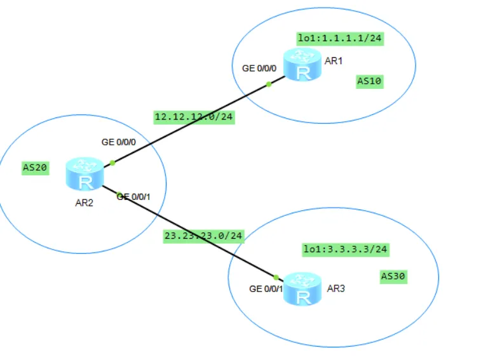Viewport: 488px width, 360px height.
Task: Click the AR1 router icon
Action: (302, 64)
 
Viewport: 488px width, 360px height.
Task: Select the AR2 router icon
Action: (85, 174)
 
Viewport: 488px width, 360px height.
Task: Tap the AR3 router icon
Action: (302, 289)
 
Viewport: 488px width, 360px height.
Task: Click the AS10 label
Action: (369, 81)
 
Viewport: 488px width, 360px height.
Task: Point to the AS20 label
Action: (35, 168)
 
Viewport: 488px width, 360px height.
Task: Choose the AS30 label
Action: (393, 276)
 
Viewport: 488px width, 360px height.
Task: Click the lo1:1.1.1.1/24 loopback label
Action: (340, 39)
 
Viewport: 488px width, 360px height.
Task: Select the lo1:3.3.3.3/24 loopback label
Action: (346, 250)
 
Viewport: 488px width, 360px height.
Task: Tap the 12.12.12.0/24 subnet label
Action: (194, 117)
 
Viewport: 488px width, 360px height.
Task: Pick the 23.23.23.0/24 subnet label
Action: (203, 236)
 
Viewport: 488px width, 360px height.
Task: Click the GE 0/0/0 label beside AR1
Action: (259, 69)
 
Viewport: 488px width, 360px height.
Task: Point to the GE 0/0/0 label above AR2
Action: (119, 142)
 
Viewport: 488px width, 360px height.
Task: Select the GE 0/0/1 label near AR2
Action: (133, 197)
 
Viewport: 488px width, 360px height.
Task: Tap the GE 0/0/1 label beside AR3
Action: (266, 289)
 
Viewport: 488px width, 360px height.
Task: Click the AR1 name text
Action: (334, 61)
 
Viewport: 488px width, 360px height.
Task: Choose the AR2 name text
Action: (85, 203)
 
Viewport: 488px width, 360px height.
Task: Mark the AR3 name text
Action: (335, 289)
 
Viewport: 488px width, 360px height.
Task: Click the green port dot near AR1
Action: (269, 84)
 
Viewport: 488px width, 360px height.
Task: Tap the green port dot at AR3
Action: (276, 277)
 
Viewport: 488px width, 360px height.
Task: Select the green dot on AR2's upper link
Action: (112, 163)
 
